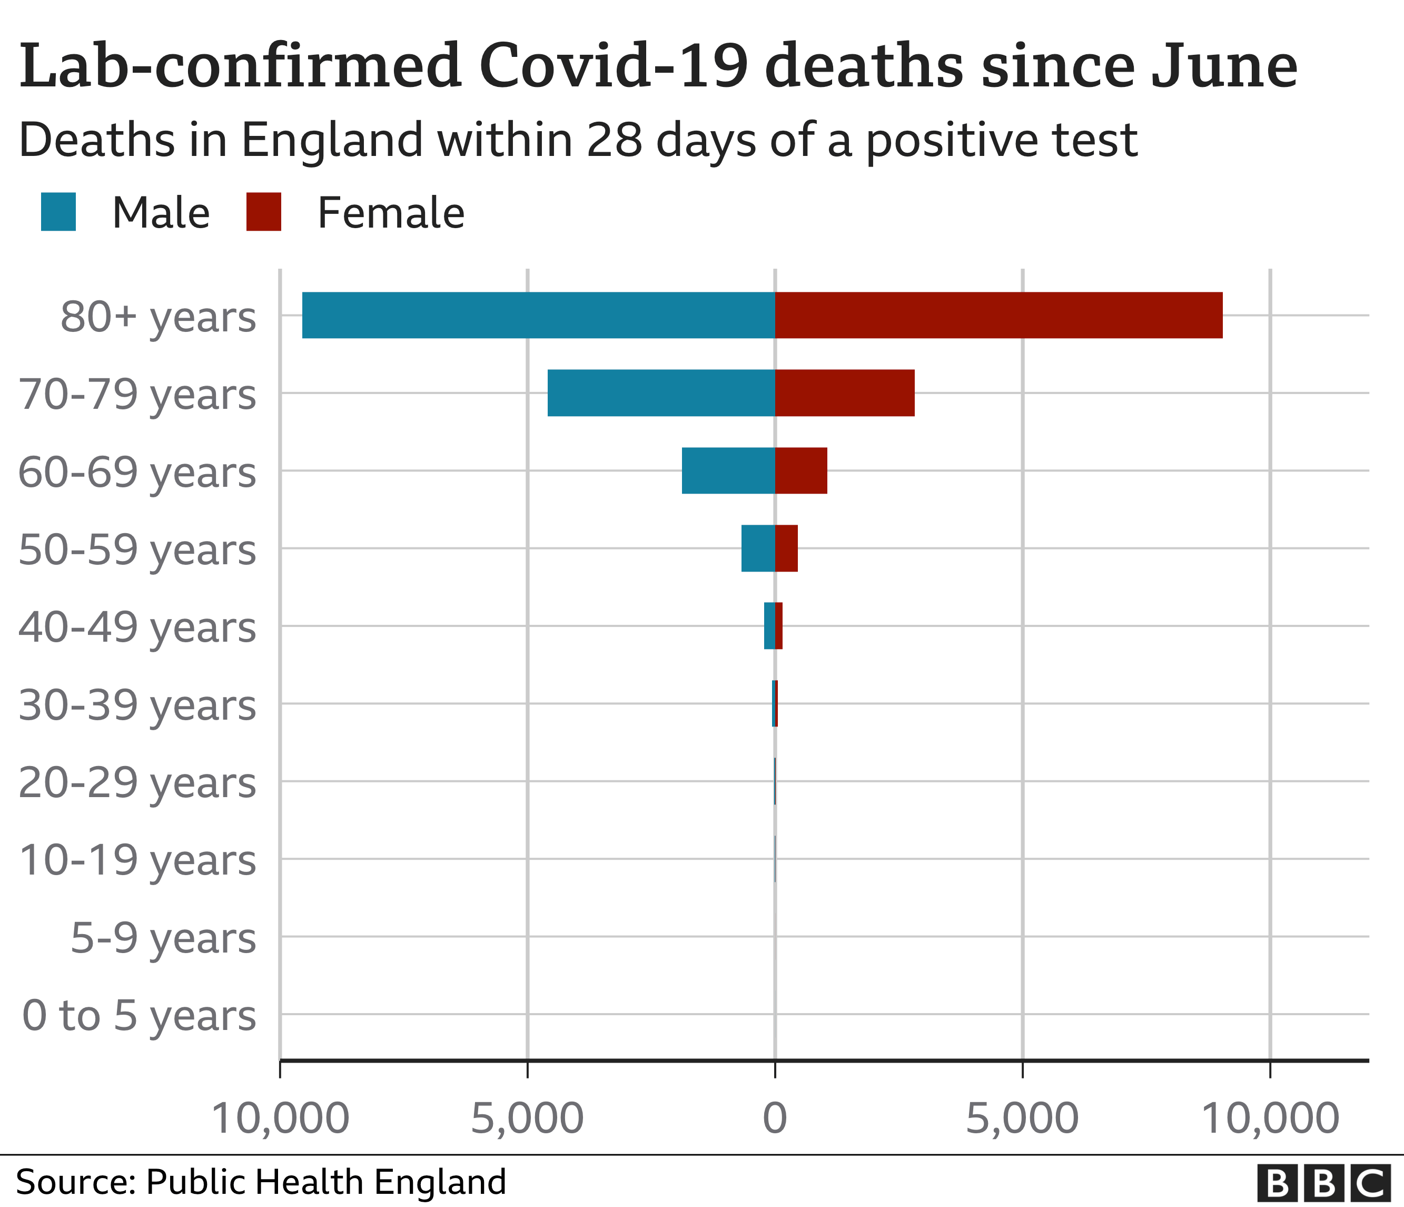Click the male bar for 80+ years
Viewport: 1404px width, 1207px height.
(x=539, y=315)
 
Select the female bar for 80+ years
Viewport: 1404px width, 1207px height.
(x=998, y=315)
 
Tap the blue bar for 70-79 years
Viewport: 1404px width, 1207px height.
(x=661, y=392)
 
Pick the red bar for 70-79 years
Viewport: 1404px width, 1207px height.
(x=844, y=392)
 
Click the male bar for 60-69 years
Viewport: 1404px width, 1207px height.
(x=728, y=470)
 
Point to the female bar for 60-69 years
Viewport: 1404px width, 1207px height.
(x=801, y=470)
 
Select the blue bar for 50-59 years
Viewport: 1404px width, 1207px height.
(x=758, y=548)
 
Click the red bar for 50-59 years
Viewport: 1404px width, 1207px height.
(x=786, y=548)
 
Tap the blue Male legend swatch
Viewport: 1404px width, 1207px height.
(x=58, y=212)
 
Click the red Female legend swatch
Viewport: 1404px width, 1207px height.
(x=264, y=212)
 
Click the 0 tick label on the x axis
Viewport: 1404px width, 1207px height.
(x=775, y=1117)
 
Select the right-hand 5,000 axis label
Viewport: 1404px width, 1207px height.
(x=1022, y=1117)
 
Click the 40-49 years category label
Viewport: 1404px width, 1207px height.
(x=137, y=627)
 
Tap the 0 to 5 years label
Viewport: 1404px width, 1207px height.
(x=139, y=1016)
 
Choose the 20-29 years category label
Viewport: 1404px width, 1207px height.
(x=137, y=783)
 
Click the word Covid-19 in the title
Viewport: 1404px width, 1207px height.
(x=613, y=66)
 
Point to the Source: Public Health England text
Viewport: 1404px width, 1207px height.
(x=261, y=1182)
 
